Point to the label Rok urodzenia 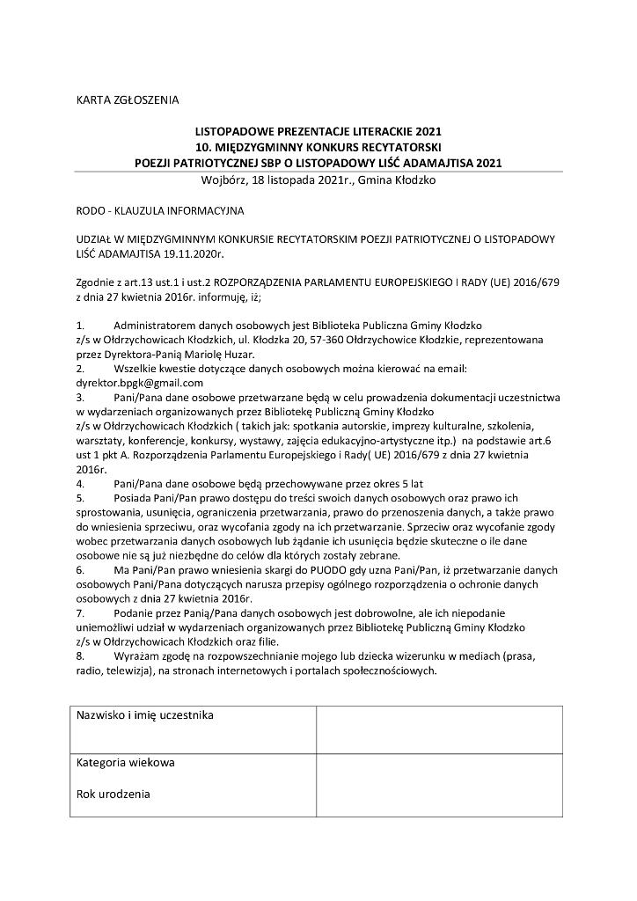113,794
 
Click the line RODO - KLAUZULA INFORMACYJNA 160,211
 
